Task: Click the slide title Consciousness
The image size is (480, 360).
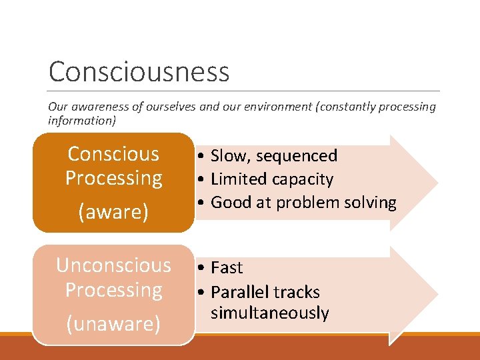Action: [139, 72]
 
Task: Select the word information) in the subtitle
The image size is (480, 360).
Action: [82, 121]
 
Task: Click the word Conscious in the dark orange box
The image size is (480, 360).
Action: [113, 154]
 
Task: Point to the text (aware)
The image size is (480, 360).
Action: [113, 212]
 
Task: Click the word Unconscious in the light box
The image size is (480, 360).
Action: [113, 265]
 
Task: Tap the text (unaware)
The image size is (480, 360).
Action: [113, 323]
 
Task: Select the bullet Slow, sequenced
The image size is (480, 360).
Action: [273, 156]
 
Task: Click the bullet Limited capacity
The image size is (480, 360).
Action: [271, 179]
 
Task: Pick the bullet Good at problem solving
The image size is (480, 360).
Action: [303, 203]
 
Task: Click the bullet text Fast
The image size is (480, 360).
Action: [227, 268]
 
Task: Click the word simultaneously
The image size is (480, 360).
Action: [269, 313]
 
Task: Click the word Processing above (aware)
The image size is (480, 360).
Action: [113, 179]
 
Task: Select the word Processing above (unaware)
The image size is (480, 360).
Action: [113, 290]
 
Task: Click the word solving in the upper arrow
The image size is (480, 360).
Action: [373, 203]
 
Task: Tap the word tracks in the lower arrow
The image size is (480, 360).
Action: [297, 292]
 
